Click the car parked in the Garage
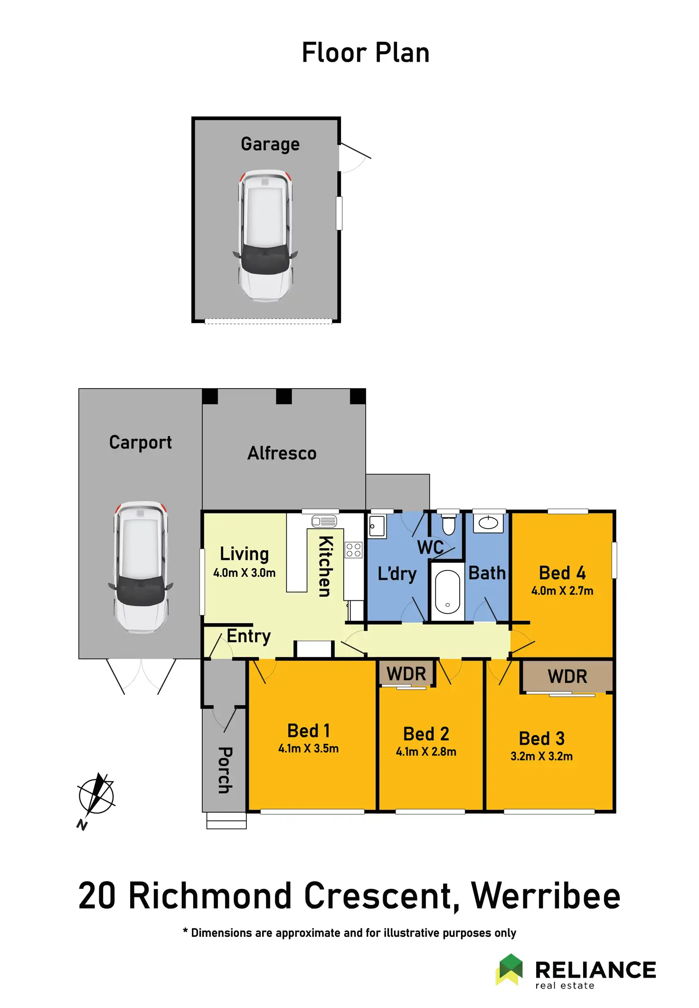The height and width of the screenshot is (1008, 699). pos(265,235)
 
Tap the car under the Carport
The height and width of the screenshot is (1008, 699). pos(141,566)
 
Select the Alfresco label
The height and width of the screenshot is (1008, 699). pos(282,453)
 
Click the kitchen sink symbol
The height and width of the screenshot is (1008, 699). pos(324,521)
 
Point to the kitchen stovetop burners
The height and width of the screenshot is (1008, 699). pos(353,550)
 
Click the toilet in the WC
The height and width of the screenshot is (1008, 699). pos(448,524)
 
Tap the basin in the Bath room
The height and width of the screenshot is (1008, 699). pos(488,523)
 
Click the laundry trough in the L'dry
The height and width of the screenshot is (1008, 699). pos(377,526)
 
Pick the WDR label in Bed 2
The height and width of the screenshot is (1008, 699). pos(406,674)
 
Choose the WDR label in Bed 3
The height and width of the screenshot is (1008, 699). pos(567,676)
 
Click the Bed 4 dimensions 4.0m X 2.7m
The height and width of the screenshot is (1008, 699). pos(562,591)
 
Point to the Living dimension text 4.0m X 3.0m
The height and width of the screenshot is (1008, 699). pos(244,573)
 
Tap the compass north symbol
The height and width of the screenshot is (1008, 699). pos(96,798)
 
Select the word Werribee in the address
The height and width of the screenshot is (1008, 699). pos(546,896)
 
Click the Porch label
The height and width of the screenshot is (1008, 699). pos(225,770)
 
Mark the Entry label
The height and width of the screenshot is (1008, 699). pos(248,636)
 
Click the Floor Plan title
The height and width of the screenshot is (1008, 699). pos(366,52)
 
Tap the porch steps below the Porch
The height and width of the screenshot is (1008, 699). pos(227,820)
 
